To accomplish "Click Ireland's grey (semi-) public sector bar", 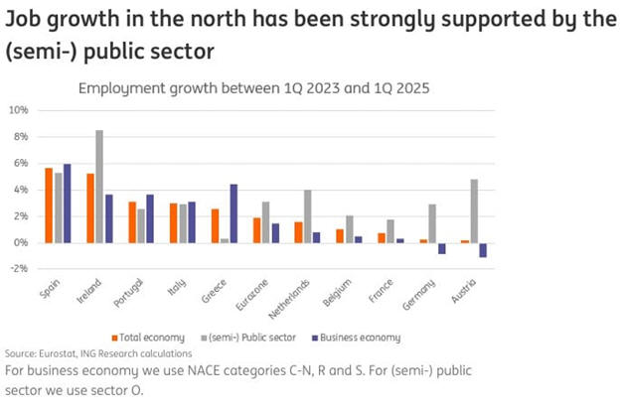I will point(99,187).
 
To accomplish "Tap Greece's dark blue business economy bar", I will point(233,213).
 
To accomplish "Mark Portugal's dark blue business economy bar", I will point(150,218).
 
